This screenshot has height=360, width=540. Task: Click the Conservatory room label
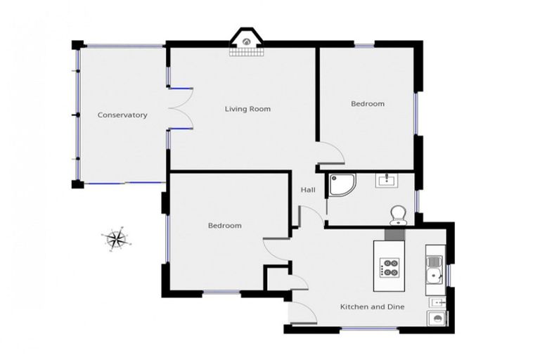pyautogui.click(x=122, y=115)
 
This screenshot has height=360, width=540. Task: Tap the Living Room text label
pyautogui.click(x=247, y=109)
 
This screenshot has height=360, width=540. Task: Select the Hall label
pyautogui.click(x=308, y=191)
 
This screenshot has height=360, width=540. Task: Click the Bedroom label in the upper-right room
pyautogui.click(x=368, y=104)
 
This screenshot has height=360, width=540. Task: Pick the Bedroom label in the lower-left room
pyautogui.click(x=224, y=226)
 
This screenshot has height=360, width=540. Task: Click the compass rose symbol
pyautogui.click(x=115, y=239)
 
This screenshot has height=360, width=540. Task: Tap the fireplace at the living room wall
pyautogui.click(x=247, y=43)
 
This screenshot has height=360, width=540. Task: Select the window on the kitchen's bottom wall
pyautogui.click(x=369, y=329)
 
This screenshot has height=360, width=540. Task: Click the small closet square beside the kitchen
pyautogui.click(x=275, y=278)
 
